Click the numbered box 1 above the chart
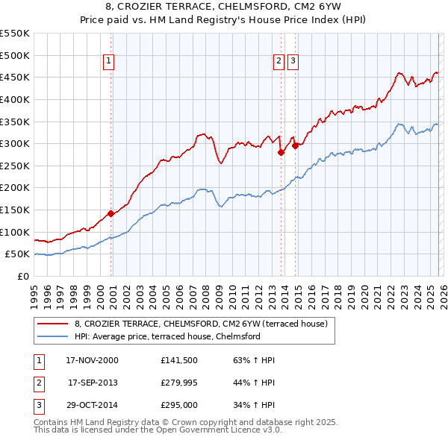click(x=109, y=62)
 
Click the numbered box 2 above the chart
click(x=279, y=62)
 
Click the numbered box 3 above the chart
click(x=293, y=62)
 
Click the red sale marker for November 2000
click(x=111, y=213)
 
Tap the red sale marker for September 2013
click(x=281, y=152)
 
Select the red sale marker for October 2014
click(x=296, y=145)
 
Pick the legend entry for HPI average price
click(x=167, y=336)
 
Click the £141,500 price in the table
click(x=178, y=360)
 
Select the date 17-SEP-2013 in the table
click(x=93, y=383)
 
